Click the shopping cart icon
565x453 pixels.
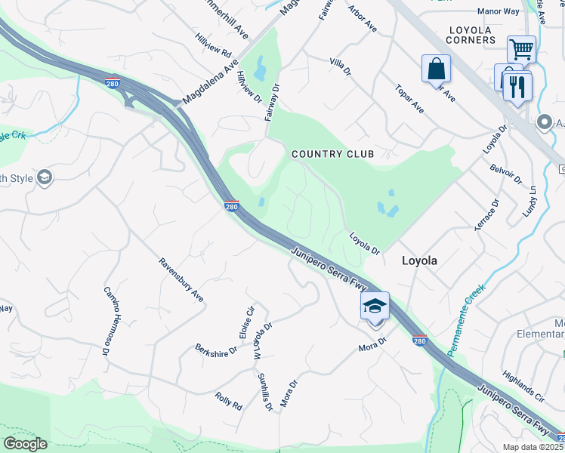tap(521, 50)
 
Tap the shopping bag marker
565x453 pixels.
tap(437, 69)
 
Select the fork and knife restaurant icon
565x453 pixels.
tap(517, 85)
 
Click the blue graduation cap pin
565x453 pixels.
tap(375, 307)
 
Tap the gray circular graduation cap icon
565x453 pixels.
tap(45, 177)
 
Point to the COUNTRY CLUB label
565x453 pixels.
tap(333, 154)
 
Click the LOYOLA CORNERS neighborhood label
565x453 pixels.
tap(471, 35)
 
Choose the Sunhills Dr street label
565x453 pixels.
tap(264, 392)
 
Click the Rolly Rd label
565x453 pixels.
tap(228, 401)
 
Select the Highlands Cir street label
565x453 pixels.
tap(523, 386)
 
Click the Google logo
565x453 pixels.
tap(25, 444)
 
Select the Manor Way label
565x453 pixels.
tap(499, 11)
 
